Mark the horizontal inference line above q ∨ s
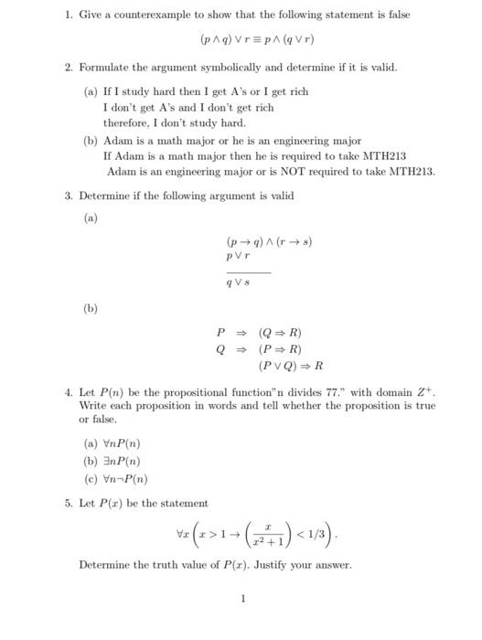pyautogui.click(x=248, y=271)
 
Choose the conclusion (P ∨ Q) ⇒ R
pyautogui.click(x=291, y=367)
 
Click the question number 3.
pyautogui.click(x=69, y=196)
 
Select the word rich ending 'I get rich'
pyautogui.click(x=297, y=91)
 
